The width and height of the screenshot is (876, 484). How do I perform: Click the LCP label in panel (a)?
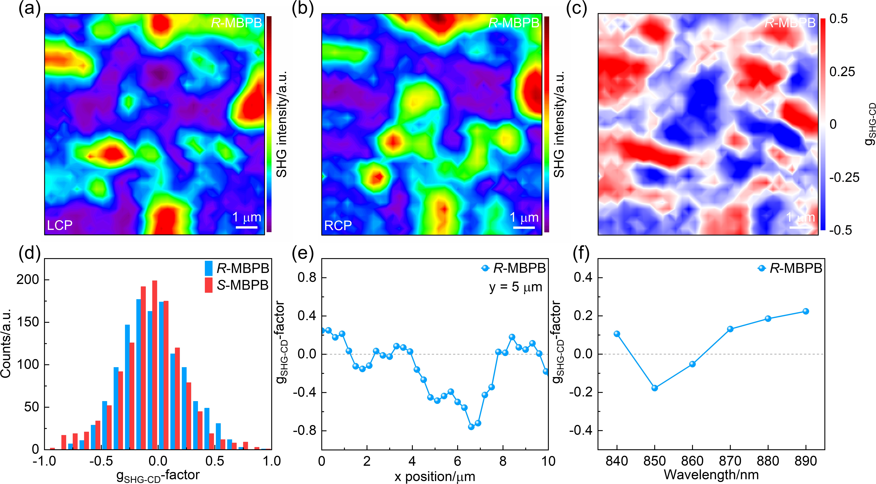point(60,225)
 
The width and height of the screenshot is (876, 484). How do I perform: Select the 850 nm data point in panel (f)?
point(655,388)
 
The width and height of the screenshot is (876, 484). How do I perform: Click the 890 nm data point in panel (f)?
point(806,311)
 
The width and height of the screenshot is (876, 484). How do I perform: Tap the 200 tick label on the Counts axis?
point(28,280)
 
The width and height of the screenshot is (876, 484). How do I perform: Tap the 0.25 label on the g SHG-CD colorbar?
point(842,72)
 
